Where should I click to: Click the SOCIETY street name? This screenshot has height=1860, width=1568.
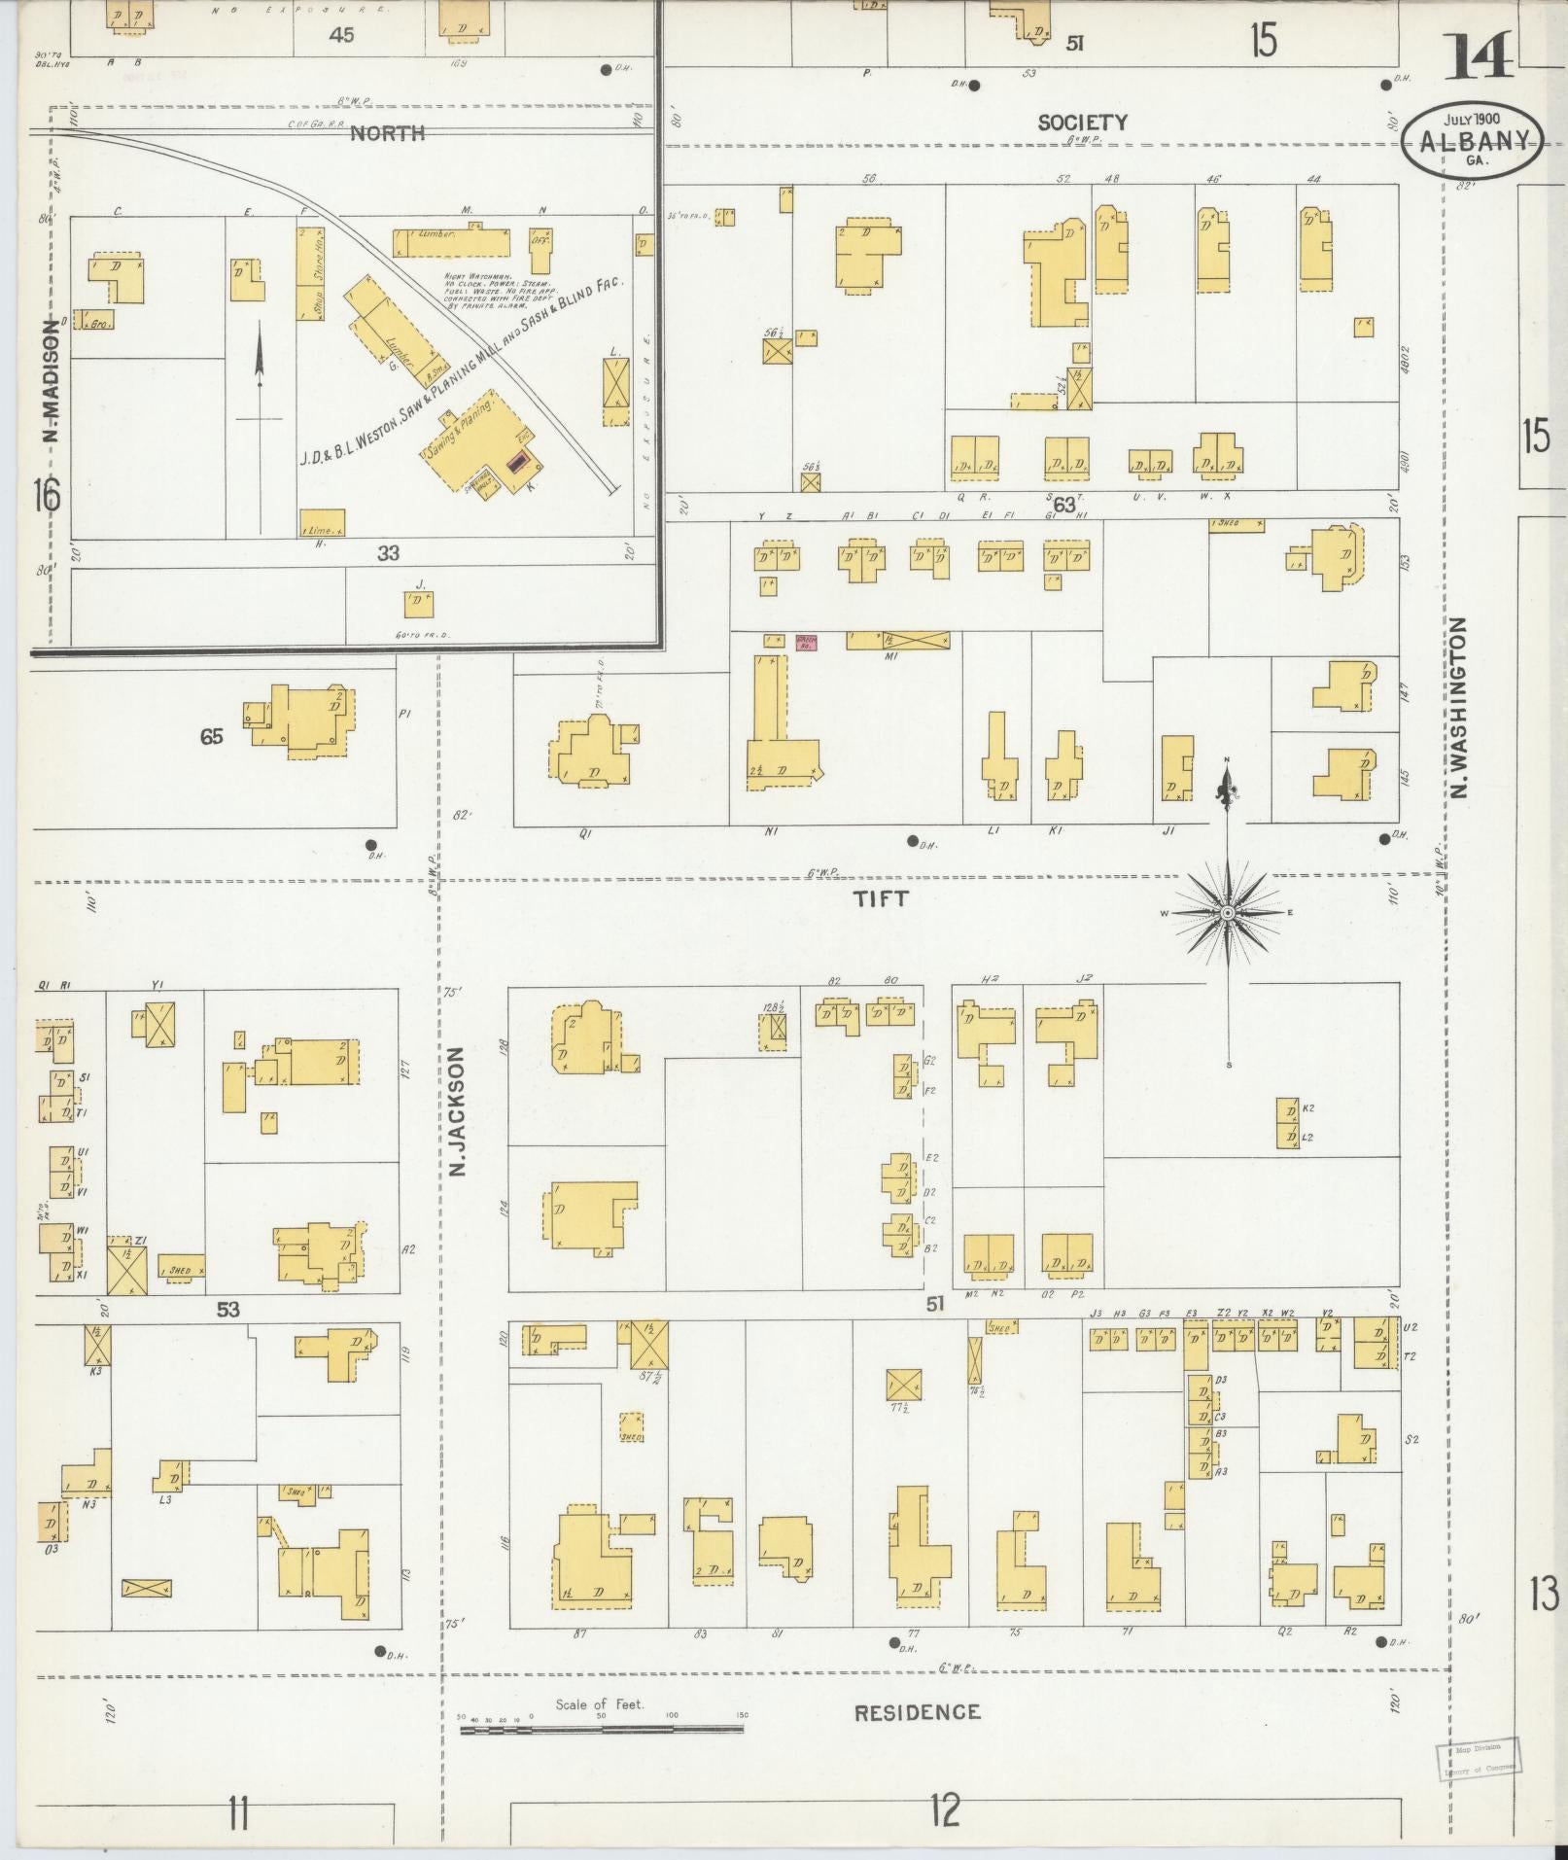point(1082,123)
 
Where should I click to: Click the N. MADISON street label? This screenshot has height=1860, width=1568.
point(51,381)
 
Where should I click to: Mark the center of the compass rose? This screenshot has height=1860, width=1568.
point(1228,913)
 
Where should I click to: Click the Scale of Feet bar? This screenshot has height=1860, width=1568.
point(604,1731)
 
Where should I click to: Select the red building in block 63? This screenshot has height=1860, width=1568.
point(806,642)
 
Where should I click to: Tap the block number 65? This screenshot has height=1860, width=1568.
point(211,736)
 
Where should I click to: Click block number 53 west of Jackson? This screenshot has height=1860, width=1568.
point(227,1310)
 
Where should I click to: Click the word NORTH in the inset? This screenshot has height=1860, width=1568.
point(387,133)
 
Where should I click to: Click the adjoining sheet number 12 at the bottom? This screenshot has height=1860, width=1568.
point(944,1810)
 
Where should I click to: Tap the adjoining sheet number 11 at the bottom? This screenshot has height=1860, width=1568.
point(237,1813)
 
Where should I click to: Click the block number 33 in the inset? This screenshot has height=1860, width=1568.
point(388,553)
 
